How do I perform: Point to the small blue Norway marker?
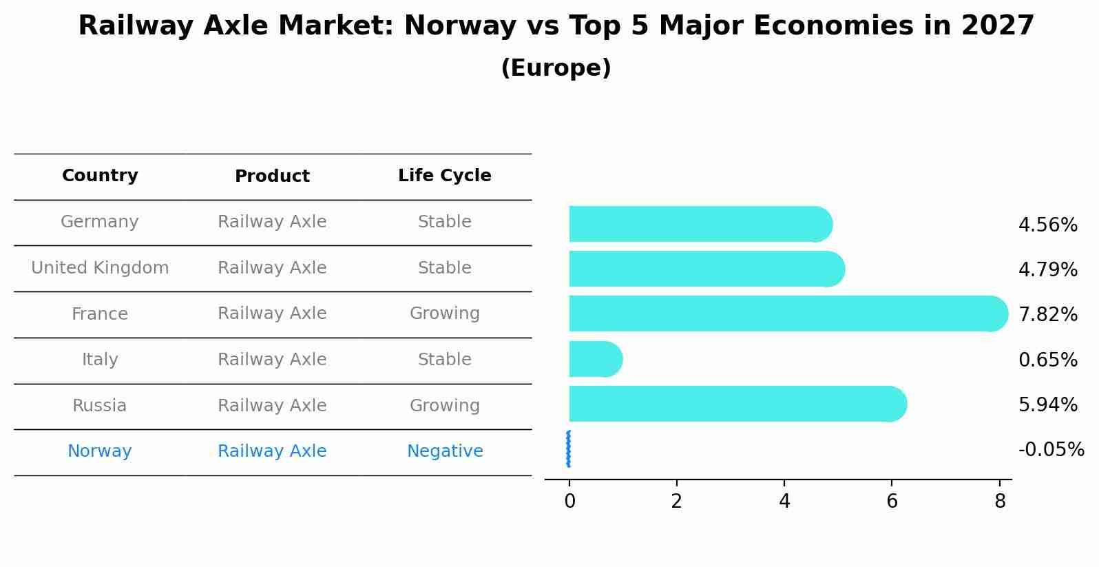click(568, 449)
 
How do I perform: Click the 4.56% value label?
click(1047, 225)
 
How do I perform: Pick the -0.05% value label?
click(1051, 450)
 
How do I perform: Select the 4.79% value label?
click(1047, 269)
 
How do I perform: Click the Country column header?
click(100, 176)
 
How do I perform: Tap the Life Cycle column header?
click(444, 176)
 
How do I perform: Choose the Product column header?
click(272, 176)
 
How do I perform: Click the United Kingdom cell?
click(100, 268)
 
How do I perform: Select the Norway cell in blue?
click(100, 451)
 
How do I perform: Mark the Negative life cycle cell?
click(444, 451)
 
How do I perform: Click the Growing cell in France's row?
click(444, 313)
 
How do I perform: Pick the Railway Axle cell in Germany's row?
click(272, 222)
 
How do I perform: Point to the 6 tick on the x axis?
click(892, 502)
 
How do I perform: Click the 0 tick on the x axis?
click(569, 502)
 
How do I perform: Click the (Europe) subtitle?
click(556, 68)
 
